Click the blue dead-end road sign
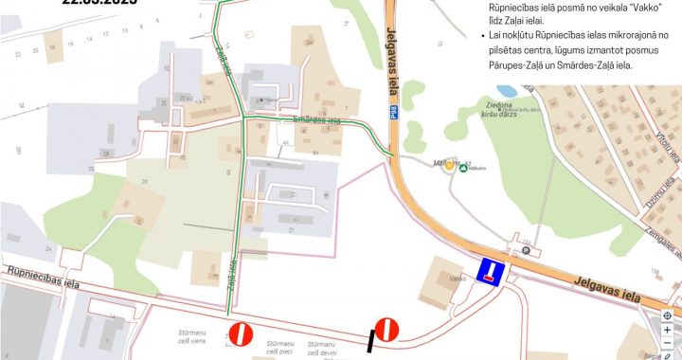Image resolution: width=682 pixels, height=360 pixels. pyautogui.click(x=490, y=273)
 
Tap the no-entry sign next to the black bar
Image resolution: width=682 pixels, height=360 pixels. pyautogui.click(x=386, y=329)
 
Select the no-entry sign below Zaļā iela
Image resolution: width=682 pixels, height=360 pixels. pyautogui.click(x=241, y=333)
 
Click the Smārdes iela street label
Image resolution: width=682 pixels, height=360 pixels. pyautogui.click(x=316, y=120)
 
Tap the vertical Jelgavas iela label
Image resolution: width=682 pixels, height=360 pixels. pyautogui.click(x=391, y=61)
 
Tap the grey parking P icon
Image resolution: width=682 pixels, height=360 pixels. pyautogui.click(x=526, y=251)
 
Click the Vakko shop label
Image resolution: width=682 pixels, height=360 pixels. pyautogui.click(x=458, y=279)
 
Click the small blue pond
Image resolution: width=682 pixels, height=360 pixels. pyautogui.click(x=501, y=89)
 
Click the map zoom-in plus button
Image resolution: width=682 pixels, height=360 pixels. pyautogui.click(x=667, y=329)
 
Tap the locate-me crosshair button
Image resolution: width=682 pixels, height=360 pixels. pyautogui.click(x=667, y=315)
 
